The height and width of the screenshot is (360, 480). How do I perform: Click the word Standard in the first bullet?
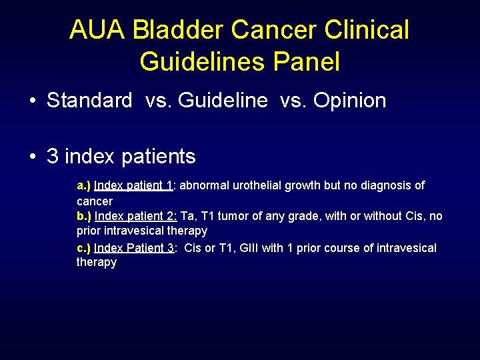point(89,101)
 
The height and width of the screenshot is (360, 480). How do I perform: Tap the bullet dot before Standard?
point(33,101)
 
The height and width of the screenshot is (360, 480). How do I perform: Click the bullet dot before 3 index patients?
point(33,157)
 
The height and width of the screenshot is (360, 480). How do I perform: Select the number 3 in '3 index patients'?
point(53,157)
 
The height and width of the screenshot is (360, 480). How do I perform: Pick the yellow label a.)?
point(84,185)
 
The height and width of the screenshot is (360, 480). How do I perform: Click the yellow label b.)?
point(84,216)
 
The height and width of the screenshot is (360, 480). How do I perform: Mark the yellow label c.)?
point(84,248)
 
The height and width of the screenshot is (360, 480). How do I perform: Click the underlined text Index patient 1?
point(133,185)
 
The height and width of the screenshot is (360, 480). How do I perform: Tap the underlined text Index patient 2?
point(135,216)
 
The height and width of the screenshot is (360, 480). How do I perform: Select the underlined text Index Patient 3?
point(134,248)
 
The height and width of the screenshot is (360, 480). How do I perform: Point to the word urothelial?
point(256,185)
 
